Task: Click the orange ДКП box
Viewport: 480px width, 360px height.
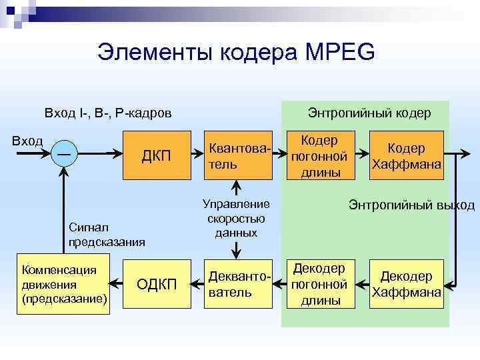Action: coord(157,156)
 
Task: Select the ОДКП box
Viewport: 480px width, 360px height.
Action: coord(157,284)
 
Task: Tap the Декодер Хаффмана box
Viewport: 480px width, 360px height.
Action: coord(407,284)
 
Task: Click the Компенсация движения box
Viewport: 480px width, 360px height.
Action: coord(65,284)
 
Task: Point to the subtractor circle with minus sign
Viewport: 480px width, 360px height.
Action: coord(65,154)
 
